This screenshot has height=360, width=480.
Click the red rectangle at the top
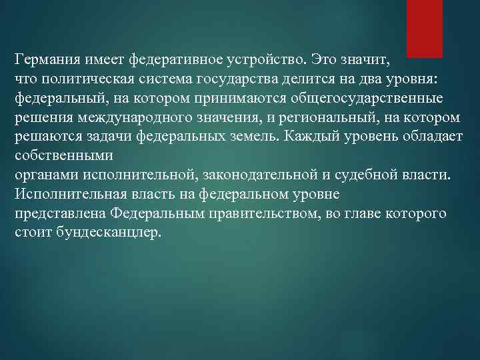(425, 28)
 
